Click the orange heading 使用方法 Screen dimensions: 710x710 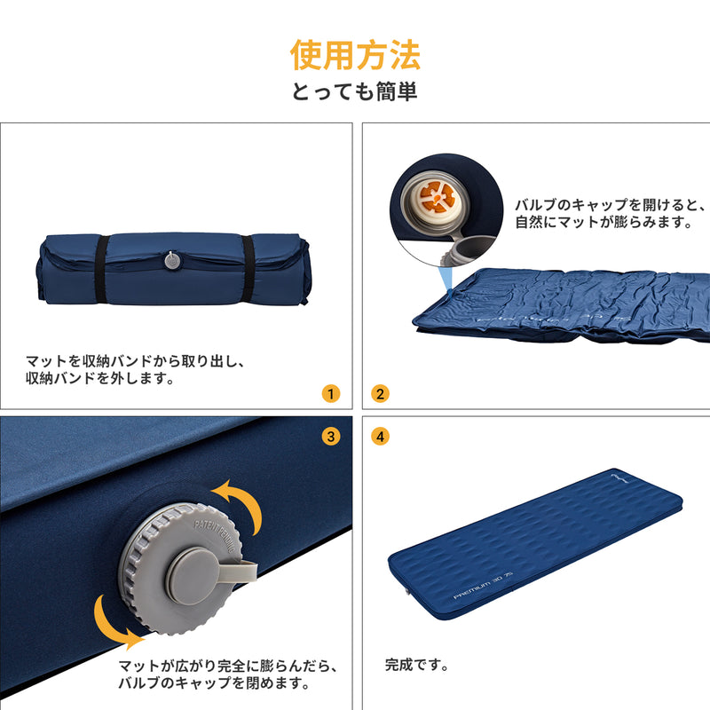pyautogui.click(x=355, y=55)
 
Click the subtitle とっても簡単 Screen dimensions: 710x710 pyautogui.click(x=355, y=91)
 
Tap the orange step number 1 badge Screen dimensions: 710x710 pyautogui.click(x=331, y=393)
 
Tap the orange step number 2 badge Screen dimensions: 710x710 pyautogui.click(x=380, y=393)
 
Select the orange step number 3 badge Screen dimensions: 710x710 pyautogui.click(x=331, y=436)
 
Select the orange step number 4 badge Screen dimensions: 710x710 pyautogui.click(x=380, y=436)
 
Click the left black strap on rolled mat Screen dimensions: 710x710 pyautogui.click(x=102, y=269)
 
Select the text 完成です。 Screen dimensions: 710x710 pyautogui.click(x=416, y=664)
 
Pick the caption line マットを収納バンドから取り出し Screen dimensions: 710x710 pyautogui.click(x=134, y=361)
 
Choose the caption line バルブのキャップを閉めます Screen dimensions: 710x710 pyautogui.click(x=214, y=683)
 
